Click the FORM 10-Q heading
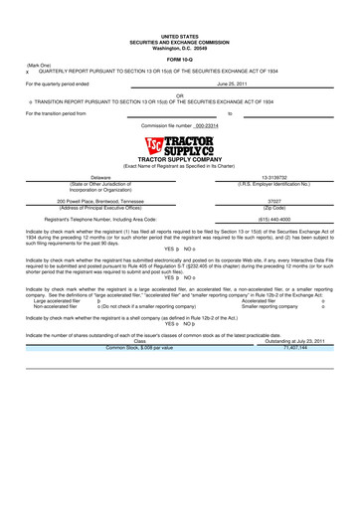click(x=179, y=61)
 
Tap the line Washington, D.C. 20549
click(x=179, y=49)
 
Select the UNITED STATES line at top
click(x=179, y=37)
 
